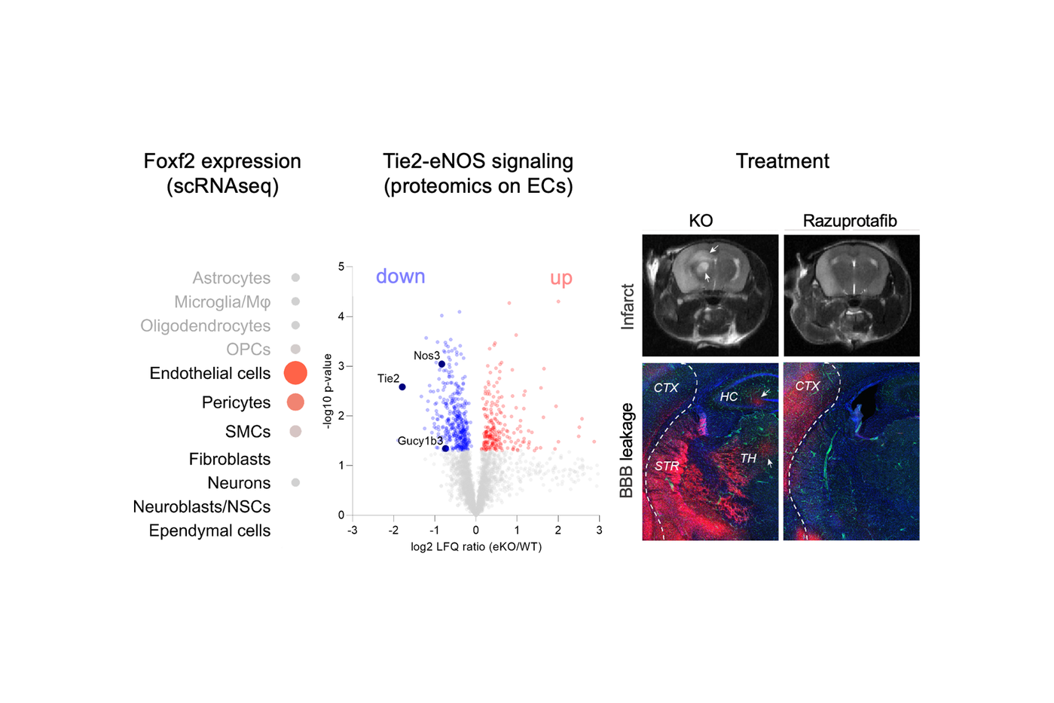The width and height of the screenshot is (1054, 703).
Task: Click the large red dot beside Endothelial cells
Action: [x=295, y=372]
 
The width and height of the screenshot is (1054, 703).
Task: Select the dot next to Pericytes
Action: [x=295, y=402]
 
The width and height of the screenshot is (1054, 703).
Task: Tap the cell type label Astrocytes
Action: [x=231, y=278]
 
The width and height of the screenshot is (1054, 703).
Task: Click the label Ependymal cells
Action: [x=209, y=530]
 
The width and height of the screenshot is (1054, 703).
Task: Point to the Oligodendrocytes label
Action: [x=205, y=326]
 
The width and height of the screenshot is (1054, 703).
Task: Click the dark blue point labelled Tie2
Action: [x=402, y=387]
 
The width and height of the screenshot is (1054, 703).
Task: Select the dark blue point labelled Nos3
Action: [x=441, y=364]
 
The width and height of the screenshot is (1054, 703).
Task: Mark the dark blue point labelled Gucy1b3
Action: [x=445, y=448]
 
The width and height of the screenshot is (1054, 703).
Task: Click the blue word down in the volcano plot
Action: [x=400, y=277]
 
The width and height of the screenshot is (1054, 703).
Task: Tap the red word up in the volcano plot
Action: [x=561, y=278]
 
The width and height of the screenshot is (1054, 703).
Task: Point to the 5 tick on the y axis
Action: [x=341, y=267]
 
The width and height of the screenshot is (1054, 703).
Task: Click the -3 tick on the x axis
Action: [x=353, y=530]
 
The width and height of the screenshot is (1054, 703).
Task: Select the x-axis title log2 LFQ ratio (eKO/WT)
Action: [x=476, y=547]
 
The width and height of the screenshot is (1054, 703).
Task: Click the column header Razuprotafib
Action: [x=850, y=221]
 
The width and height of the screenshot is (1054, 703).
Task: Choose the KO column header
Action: [x=701, y=221]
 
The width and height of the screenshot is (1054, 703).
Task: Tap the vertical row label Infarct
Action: [x=627, y=306]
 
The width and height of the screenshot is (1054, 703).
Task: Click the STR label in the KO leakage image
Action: [x=667, y=466]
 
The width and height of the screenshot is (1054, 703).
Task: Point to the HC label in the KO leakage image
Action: [x=729, y=396]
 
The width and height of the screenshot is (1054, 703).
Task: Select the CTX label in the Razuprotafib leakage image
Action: [x=807, y=386]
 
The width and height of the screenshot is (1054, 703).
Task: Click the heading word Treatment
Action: [x=782, y=161]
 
